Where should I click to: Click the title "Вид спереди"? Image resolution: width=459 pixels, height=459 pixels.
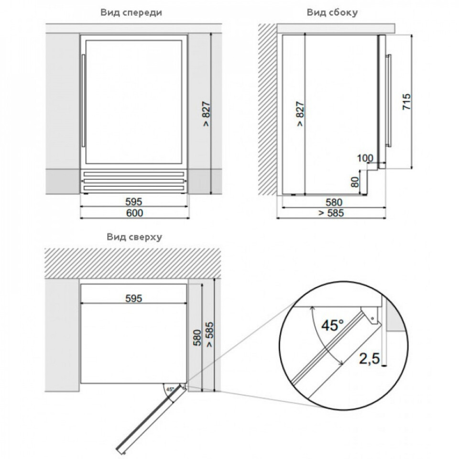click(x=131, y=13)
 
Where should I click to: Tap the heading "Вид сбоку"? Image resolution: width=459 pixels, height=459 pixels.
click(x=332, y=12)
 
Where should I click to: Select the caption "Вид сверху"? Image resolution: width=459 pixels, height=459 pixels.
click(x=134, y=237)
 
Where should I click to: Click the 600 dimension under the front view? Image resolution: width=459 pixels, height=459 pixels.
click(x=135, y=213)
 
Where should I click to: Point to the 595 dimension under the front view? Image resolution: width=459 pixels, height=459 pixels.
click(x=134, y=202)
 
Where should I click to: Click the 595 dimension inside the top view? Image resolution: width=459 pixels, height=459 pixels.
click(x=134, y=298)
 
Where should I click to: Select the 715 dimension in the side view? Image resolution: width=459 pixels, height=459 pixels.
click(x=406, y=101)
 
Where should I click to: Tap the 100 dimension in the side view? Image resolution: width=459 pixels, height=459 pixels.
click(x=365, y=158)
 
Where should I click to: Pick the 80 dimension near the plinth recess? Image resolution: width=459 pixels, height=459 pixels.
click(x=355, y=182)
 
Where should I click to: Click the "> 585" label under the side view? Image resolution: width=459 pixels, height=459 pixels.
click(x=331, y=213)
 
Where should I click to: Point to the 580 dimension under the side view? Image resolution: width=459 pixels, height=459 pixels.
click(x=334, y=202)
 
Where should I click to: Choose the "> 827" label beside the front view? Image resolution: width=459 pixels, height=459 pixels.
click(x=206, y=114)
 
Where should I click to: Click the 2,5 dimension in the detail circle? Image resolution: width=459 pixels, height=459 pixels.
click(x=369, y=359)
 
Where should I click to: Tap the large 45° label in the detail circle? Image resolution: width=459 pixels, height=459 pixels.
click(x=332, y=325)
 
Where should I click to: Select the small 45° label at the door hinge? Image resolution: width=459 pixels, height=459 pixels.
click(x=170, y=389)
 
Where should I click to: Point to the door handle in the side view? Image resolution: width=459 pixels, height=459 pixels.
click(x=389, y=100)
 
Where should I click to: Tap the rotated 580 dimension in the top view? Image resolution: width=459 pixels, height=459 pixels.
click(x=197, y=338)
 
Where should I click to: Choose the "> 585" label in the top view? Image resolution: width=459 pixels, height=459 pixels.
click(x=210, y=334)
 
